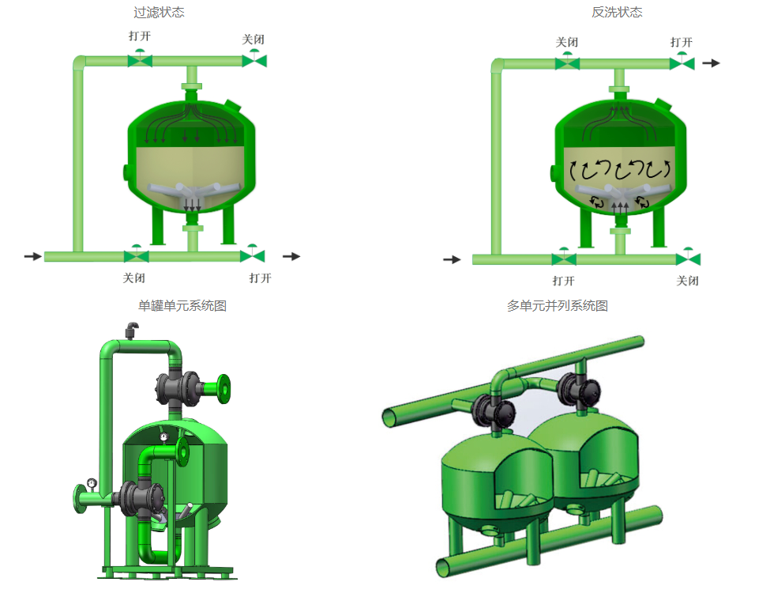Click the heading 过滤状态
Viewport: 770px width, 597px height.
point(159,13)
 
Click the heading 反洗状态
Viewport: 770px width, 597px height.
point(617,13)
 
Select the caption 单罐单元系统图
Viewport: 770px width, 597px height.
point(182,306)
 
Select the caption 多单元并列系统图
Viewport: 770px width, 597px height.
point(558,306)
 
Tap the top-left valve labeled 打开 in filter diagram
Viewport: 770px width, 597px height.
point(140,59)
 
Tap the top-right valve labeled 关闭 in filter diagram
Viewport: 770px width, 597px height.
point(254,59)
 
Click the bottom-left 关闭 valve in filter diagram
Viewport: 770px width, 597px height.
point(136,255)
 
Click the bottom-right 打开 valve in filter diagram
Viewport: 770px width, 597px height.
point(253,255)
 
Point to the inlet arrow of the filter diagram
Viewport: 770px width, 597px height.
point(33,256)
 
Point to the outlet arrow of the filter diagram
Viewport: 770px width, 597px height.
point(291,256)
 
